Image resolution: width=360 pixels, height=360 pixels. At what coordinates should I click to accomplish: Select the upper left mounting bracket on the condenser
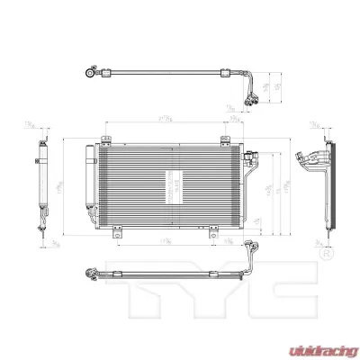click(104, 139)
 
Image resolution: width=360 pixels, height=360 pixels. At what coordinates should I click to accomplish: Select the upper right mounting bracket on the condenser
click(218, 139)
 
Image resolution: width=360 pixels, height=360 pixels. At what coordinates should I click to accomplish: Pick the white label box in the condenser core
click(174, 184)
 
